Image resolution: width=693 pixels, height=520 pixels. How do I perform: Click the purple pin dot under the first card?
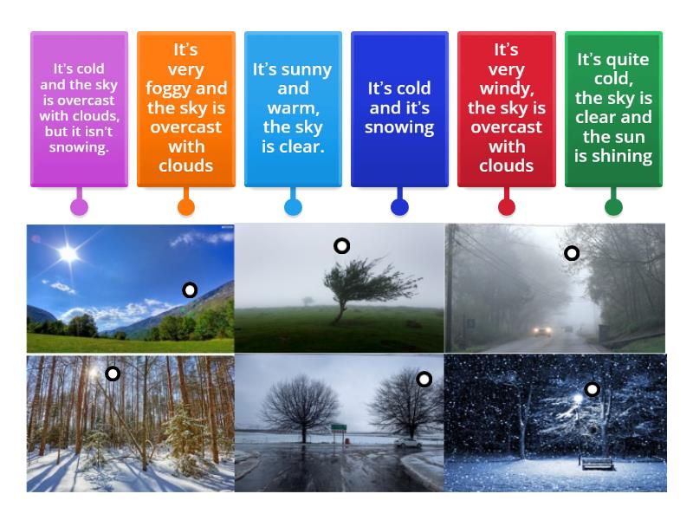79,206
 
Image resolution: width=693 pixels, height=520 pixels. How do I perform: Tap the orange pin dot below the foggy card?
186,206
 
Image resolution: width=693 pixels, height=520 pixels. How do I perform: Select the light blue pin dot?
293,206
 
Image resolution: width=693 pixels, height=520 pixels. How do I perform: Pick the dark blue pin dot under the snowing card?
399,206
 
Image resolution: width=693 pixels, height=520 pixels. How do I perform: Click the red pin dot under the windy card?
507,206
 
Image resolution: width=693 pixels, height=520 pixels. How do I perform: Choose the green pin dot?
613,206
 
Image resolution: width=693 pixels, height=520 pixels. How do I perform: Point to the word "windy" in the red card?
506,88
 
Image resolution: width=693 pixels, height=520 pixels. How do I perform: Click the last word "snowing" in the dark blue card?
399,127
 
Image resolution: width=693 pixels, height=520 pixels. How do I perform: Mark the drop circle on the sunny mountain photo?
190,289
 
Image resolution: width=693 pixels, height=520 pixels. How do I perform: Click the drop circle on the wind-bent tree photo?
341,246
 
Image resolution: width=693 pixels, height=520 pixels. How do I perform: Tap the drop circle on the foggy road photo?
572,253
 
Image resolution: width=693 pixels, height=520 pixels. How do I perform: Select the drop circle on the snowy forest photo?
113,374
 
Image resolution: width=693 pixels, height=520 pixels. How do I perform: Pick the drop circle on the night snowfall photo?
592,390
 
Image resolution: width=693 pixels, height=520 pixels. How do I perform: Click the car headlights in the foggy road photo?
542,330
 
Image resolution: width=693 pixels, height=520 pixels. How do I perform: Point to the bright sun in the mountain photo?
67,254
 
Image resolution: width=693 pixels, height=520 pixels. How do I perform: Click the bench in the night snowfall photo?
596,463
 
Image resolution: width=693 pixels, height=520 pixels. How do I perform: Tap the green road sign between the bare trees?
339,426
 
